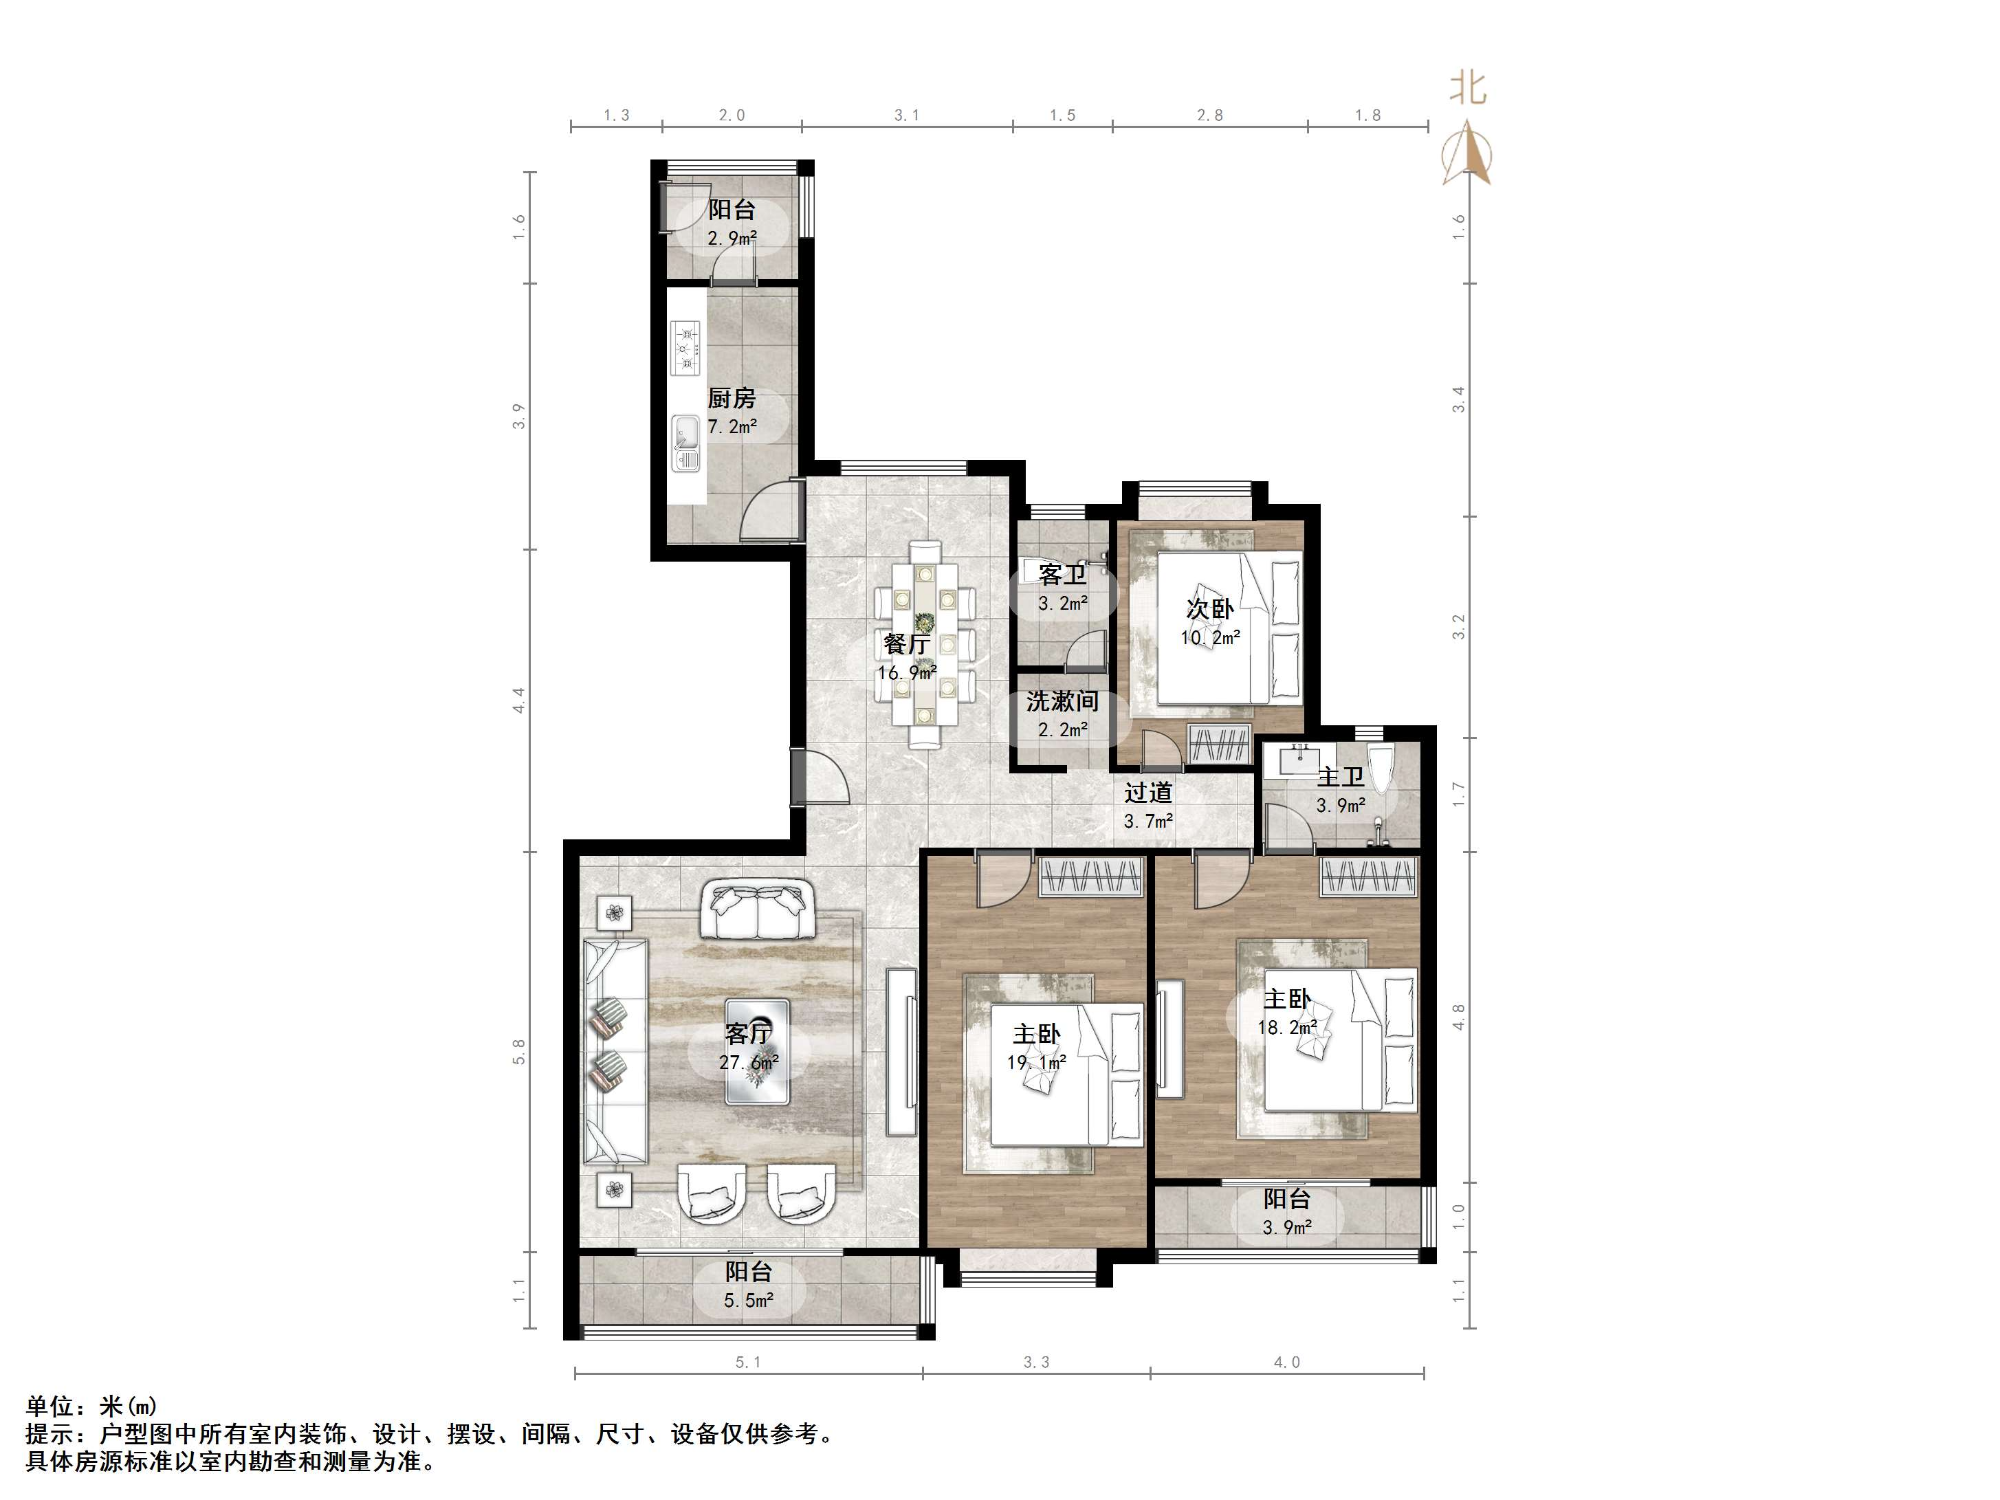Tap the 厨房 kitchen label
point(732,398)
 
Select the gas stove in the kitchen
point(685,348)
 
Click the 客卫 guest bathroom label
point(1062,574)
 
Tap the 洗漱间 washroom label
point(1062,701)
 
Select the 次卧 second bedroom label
point(1210,608)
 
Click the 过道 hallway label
point(1148,793)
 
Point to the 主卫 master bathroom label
point(1341,777)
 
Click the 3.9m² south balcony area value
point(1286,1228)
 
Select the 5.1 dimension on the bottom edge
point(749,1363)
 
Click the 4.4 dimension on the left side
point(519,700)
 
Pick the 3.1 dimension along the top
point(907,115)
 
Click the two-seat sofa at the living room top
point(757,910)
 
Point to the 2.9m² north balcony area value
point(732,239)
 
